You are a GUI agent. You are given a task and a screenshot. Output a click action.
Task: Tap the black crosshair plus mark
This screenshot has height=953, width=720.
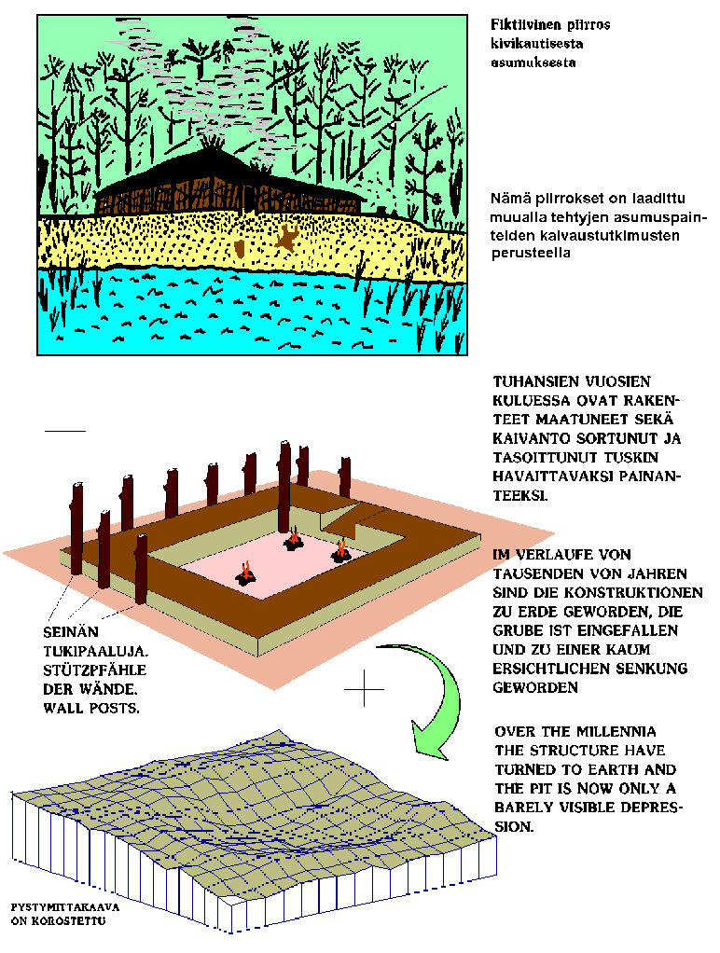[x=365, y=688]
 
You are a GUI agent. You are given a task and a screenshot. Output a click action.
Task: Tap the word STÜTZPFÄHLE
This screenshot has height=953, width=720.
[x=94, y=670]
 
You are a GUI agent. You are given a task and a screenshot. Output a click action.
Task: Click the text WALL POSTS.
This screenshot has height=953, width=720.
[x=91, y=708]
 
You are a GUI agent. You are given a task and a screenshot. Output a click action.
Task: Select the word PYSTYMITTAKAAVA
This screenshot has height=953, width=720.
[x=65, y=907]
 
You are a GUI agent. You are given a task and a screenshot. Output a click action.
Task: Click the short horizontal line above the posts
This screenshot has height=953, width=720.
[x=65, y=431]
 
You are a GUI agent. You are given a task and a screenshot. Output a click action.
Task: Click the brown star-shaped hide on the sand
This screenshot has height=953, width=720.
[x=285, y=238]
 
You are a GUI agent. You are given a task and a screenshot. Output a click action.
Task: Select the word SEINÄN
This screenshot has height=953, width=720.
[x=71, y=632]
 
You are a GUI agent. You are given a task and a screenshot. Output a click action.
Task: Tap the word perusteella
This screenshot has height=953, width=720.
[x=531, y=254]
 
